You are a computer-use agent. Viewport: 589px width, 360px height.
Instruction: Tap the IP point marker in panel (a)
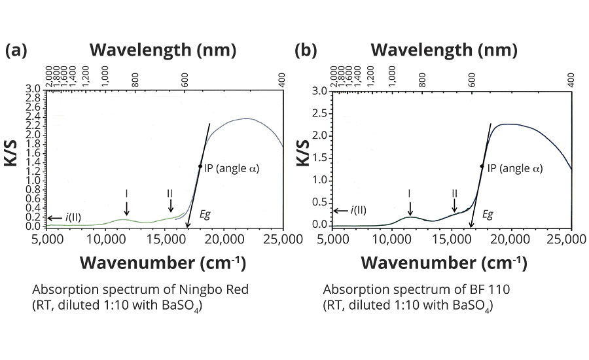200,166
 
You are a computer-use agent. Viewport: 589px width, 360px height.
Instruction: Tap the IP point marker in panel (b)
482,166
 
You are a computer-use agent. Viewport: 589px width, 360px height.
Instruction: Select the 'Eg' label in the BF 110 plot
488,213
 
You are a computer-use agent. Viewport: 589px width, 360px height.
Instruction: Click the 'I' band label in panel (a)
126,193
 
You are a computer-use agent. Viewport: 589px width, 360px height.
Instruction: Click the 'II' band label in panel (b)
454,193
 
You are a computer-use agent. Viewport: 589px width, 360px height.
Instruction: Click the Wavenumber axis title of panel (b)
444,263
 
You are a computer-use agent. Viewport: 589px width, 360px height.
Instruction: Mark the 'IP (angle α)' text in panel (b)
517,168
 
